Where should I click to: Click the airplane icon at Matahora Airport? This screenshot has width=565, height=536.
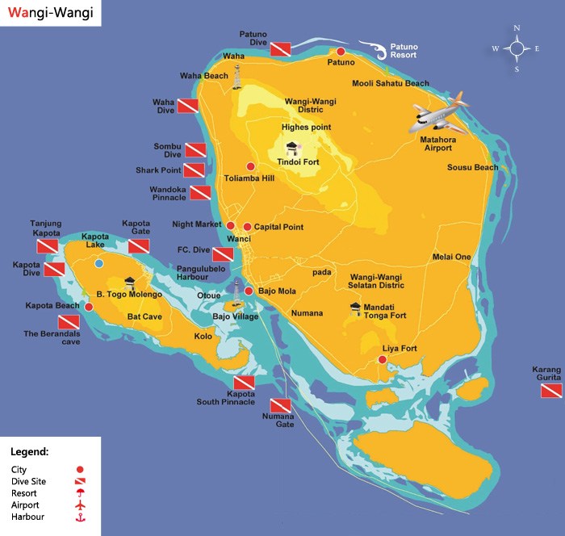(439, 114)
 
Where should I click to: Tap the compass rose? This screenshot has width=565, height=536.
(516, 48)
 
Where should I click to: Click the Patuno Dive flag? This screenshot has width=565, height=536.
(280, 49)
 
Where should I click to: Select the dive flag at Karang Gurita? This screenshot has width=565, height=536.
(551, 391)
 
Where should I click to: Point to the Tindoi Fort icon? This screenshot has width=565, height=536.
(292, 147)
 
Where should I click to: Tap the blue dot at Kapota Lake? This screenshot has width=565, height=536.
(98, 263)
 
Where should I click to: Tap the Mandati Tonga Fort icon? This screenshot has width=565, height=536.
(356, 308)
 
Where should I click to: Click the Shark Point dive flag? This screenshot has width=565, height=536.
(194, 170)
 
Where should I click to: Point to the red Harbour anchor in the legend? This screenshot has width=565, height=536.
(79, 517)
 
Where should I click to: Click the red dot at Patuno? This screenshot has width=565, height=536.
(341, 51)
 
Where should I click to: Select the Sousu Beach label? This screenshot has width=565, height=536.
(472, 168)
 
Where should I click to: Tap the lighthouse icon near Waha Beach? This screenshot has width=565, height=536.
(237, 77)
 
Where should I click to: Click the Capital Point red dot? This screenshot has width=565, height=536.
(247, 227)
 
